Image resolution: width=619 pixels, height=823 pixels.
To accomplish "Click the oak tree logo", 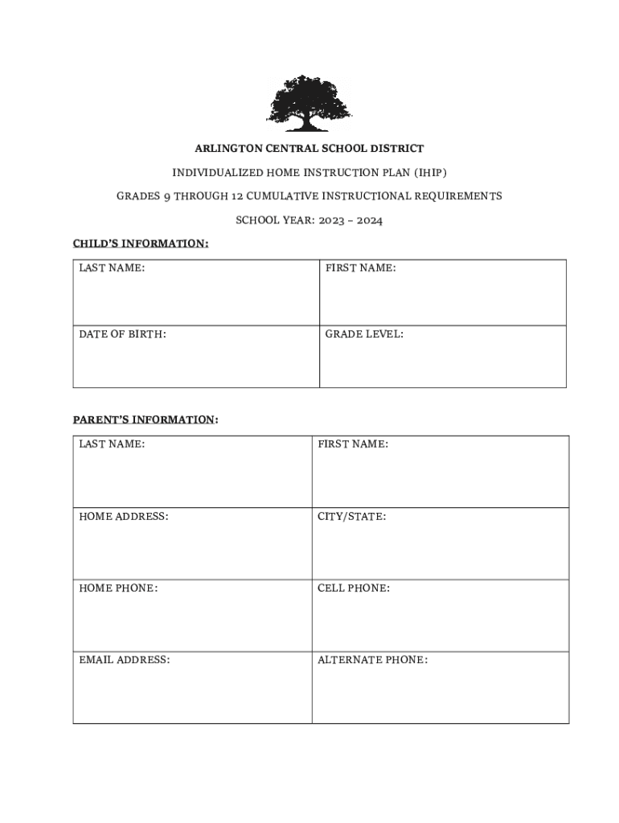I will pos(309,104).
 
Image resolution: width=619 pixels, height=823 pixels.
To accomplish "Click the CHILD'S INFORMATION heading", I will pos(141,244).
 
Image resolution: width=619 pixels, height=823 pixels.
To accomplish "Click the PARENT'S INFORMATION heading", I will pos(145,420).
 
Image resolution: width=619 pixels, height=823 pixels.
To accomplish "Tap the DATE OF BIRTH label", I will pos(122,334).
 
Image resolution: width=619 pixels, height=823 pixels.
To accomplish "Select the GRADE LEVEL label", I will pos(364,334).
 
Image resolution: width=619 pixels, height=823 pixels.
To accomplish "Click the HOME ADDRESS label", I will pos(124,516).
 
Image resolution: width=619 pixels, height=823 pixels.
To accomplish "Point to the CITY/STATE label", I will pos(351,516).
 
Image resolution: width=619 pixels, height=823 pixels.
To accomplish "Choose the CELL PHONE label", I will pos(354,588).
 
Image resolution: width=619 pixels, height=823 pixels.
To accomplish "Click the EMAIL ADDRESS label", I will pos(124,660).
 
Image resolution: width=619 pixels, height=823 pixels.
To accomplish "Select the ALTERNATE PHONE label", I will pos(372,660).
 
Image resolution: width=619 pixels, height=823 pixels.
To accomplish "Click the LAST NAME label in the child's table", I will pos(112,268).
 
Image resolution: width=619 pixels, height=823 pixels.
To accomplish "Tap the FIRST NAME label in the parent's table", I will pos(353,444).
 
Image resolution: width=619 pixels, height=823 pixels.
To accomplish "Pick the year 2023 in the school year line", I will pos(326,220).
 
